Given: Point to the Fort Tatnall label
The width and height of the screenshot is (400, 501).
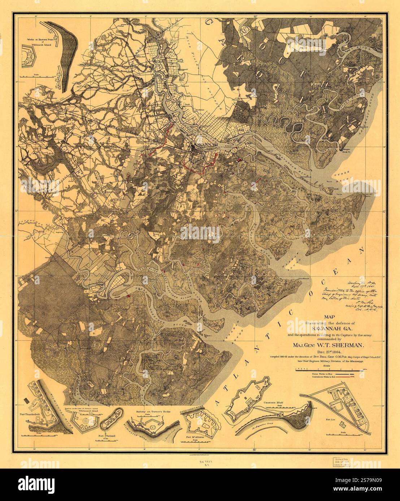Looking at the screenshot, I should pos(105,436).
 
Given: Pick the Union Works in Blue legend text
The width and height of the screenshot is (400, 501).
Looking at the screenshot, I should pos(322,374).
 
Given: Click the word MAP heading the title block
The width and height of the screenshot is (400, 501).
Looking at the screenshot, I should pos(329,317).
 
